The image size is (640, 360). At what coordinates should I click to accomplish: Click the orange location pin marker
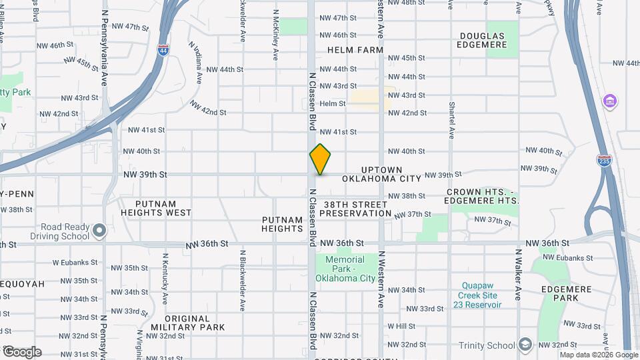pyautogui.click(x=321, y=159)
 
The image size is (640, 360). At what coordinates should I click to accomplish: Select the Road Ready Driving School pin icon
pyautogui.click(x=99, y=231)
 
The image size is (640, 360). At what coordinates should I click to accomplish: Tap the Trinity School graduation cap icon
pyautogui.click(x=525, y=344)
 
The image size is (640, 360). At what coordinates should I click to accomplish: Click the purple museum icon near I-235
pyautogui.click(x=609, y=101)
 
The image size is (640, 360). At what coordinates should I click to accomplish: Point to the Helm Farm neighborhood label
pyautogui.click(x=355, y=50)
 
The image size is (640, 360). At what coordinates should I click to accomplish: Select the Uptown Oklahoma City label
pyautogui.click(x=382, y=175)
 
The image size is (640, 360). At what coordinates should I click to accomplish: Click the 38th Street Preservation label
pyautogui.click(x=355, y=209)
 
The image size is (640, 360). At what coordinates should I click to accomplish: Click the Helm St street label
pyautogui.click(x=333, y=104)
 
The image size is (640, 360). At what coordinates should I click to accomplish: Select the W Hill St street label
pyautogui.click(x=401, y=327)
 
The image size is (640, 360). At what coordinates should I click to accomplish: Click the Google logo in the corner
pyautogui.click(x=21, y=352)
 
